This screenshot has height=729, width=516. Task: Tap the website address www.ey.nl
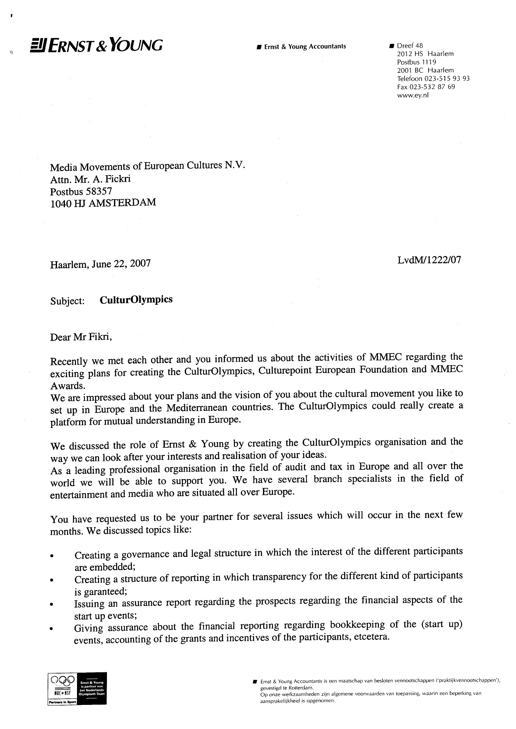point(412,95)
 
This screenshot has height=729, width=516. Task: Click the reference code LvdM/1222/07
point(429,260)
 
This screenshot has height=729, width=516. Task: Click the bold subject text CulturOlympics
point(136,299)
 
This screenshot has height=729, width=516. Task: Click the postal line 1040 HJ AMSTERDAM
point(103,203)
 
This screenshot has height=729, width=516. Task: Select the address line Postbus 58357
point(81,192)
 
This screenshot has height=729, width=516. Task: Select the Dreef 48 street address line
point(410,46)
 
